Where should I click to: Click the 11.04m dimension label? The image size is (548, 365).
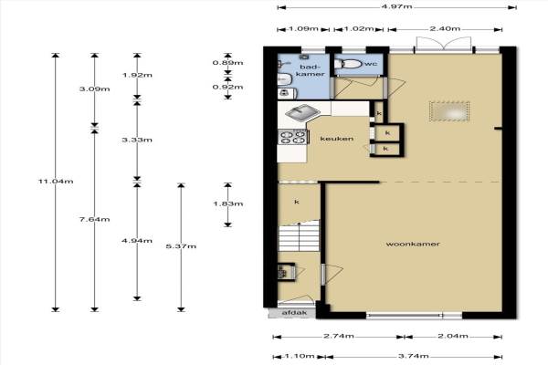(56, 182)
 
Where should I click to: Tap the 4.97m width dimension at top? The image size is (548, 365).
(396, 6)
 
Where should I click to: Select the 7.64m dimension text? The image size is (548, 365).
(94, 219)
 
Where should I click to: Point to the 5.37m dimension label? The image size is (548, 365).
(181, 246)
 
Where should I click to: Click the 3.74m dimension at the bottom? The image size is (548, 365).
(414, 356)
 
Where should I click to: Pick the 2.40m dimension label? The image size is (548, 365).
(445, 28)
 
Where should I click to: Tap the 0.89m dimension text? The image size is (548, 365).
(227, 63)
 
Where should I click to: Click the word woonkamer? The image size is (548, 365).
(413, 244)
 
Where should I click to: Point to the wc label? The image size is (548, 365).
(371, 64)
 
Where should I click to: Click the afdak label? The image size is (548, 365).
(294, 313)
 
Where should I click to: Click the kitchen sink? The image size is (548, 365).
(302, 112)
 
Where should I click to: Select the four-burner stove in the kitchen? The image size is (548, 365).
(293, 137)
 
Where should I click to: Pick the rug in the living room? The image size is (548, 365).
(449, 111)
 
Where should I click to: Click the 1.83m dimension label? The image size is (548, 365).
(227, 203)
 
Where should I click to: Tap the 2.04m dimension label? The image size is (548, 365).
(453, 336)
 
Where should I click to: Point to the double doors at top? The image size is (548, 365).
(444, 45)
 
